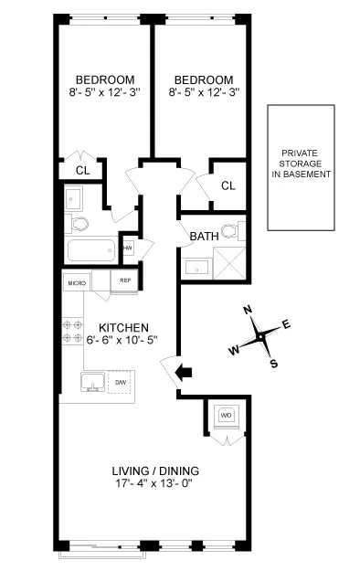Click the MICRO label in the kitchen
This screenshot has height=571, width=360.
click(75, 283)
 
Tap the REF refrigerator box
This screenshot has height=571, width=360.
click(124, 282)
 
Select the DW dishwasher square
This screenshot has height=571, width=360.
click(121, 382)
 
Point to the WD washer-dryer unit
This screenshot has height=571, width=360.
click(225, 417)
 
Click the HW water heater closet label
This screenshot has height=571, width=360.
click(128, 247)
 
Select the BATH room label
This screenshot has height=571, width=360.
click(204, 237)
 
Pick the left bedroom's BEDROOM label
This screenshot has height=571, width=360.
click(105, 79)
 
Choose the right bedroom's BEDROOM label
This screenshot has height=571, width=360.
click(200, 79)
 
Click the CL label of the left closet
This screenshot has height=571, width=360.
click(81, 170)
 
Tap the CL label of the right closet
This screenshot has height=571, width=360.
click(228, 185)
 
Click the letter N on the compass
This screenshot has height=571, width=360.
click(248, 310)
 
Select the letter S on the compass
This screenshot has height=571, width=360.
click(274, 363)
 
